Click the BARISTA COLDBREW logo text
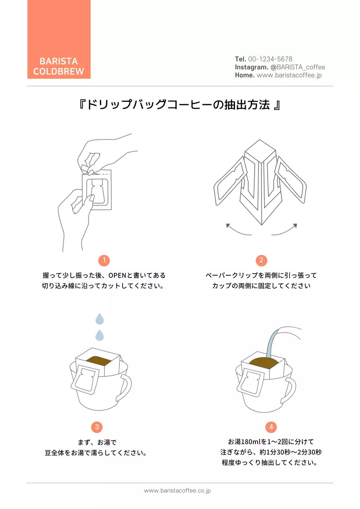[x=58, y=66]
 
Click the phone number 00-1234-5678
[x=270, y=59]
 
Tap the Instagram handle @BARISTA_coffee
[x=298, y=67]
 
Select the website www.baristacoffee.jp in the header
[x=289, y=75]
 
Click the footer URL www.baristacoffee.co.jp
[x=177, y=491]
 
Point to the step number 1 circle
[x=104, y=260]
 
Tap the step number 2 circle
[x=261, y=260]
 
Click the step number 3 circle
[x=97, y=427]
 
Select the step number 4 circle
[x=271, y=427]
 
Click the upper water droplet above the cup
[x=99, y=319]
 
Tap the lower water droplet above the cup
[x=99, y=336]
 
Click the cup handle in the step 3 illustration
[x=125, y=387]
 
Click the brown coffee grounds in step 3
[x=99, y=360]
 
